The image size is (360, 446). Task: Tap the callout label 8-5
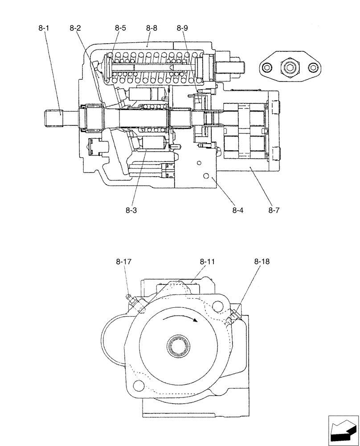coord(120,28)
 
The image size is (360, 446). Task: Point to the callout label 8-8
coord(151,28)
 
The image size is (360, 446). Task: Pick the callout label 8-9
coord(182,28)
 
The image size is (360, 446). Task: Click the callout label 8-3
coord(131,210)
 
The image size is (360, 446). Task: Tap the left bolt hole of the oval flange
coord(267,68)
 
